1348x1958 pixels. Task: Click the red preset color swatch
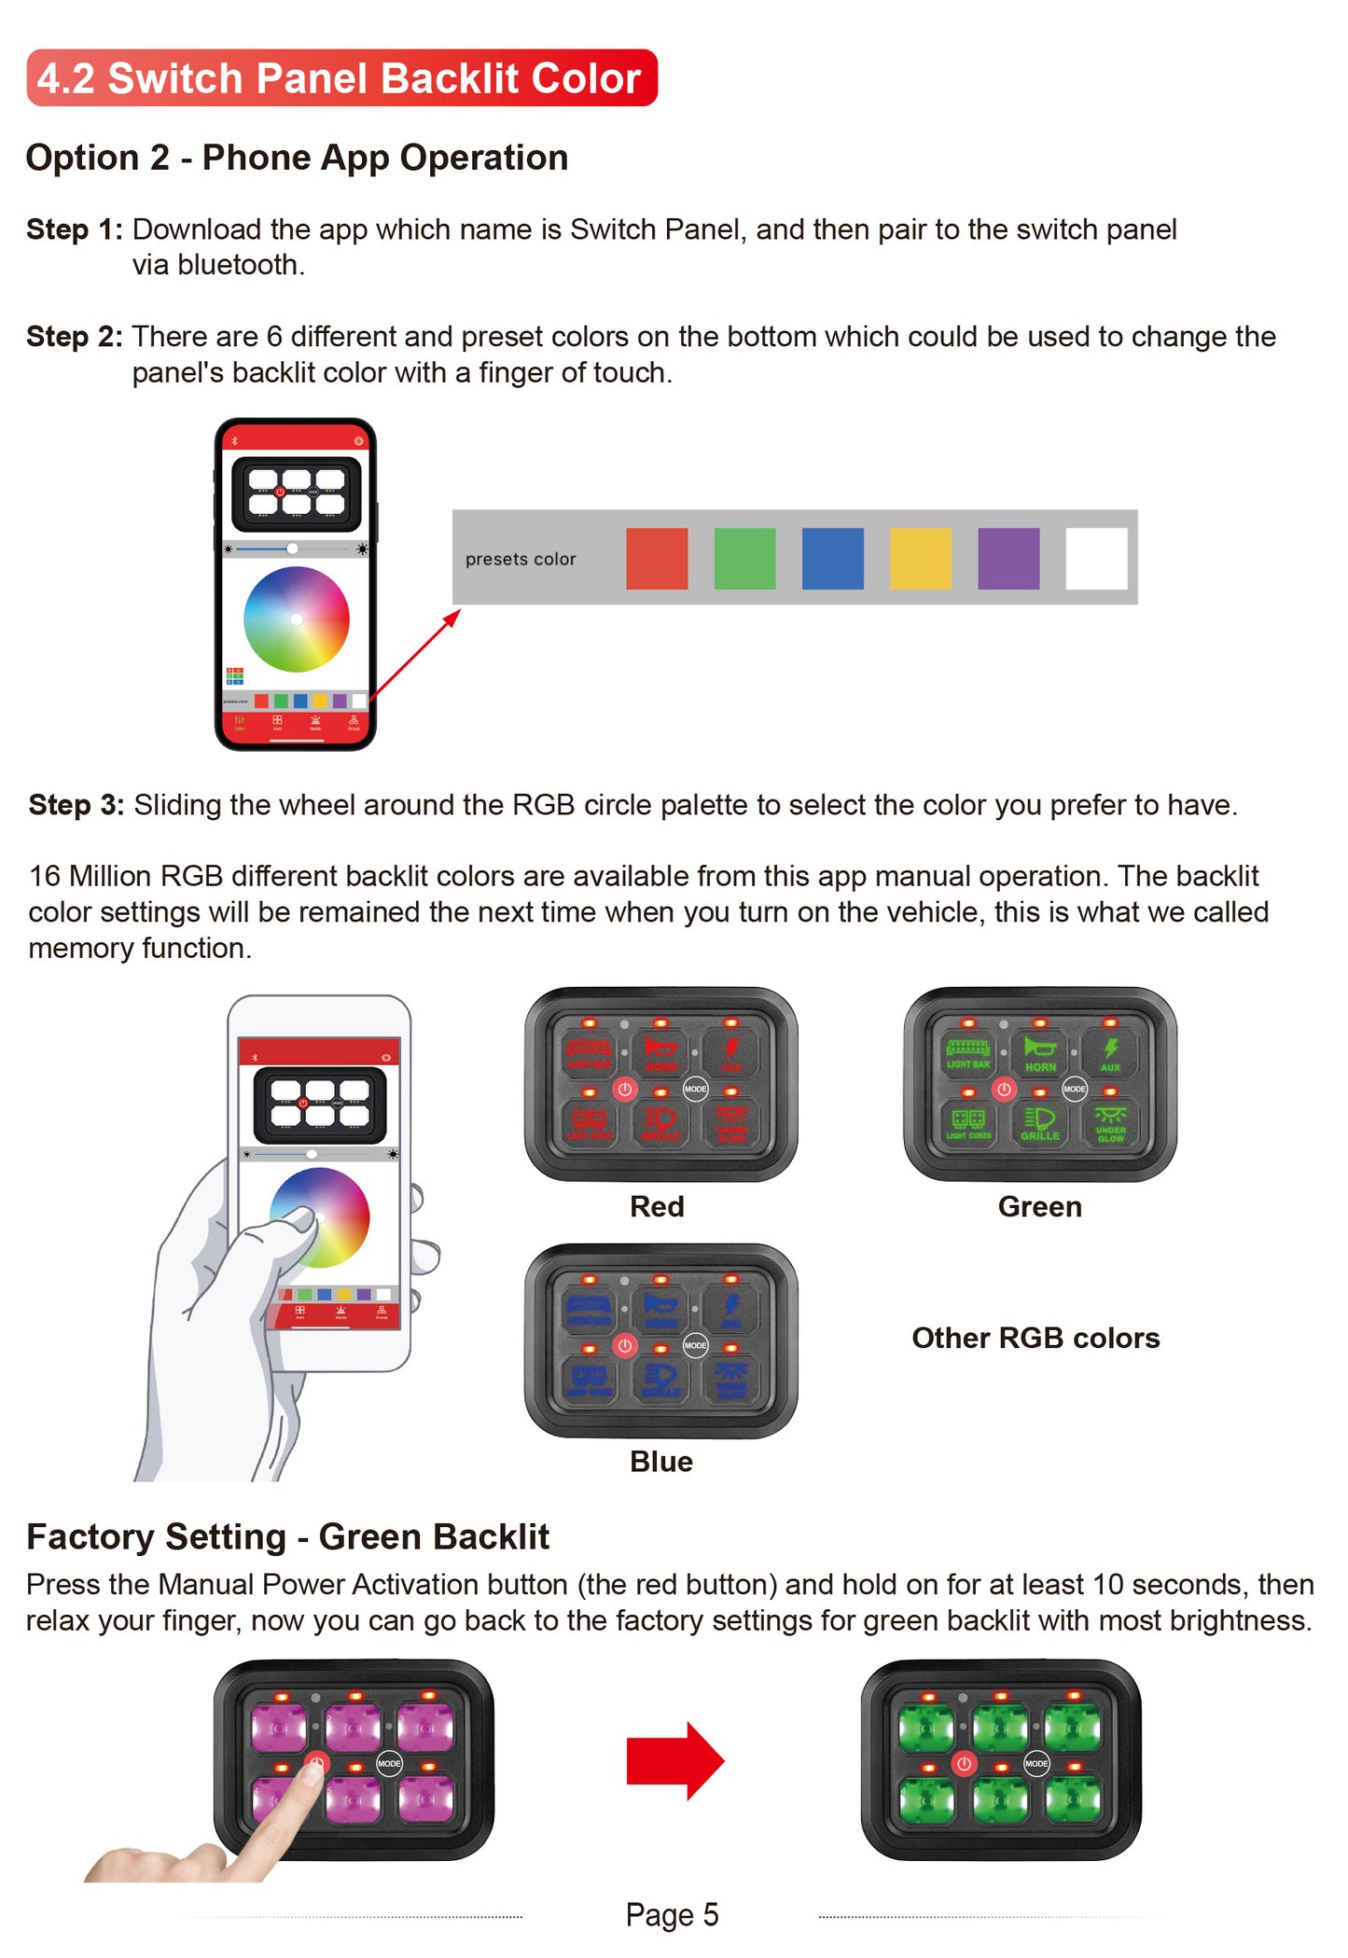657,558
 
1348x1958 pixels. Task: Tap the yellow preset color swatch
920,558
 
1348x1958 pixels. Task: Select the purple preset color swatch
1008,558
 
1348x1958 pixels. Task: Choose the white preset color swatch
1096,558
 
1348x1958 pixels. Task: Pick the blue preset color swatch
832,558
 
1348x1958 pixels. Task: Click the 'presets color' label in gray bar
521,559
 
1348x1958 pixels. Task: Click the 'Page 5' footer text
672,1914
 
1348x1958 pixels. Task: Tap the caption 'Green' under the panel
1039,1206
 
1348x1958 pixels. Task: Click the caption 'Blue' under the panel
660,1461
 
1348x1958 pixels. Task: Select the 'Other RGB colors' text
1035,1338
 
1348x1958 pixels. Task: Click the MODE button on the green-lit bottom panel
1036,1762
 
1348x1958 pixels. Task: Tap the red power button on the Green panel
1004,1089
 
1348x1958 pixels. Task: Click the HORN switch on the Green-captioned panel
1039,1052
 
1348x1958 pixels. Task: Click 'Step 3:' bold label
76,804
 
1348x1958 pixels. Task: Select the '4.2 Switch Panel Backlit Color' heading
341,78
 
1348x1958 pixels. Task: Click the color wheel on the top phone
297,618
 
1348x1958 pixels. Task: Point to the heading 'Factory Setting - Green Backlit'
287,1536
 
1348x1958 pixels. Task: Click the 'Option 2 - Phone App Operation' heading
297,158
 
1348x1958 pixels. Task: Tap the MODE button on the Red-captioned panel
695,1089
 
